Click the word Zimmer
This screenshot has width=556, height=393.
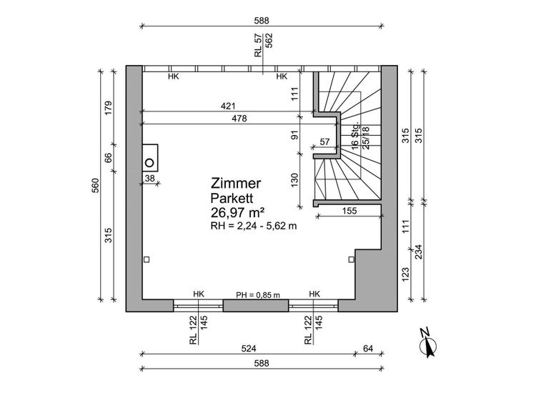[236, 184]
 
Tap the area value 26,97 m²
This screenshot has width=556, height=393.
[238, 212]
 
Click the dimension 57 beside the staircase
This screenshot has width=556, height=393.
[325, 142]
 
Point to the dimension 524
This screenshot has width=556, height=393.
[248, 349]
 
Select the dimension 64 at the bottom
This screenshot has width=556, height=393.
[368, 349]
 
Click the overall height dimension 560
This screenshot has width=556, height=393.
[94, 184]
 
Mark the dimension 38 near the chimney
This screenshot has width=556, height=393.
[150, 178]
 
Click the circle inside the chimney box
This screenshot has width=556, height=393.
[150, 161]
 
